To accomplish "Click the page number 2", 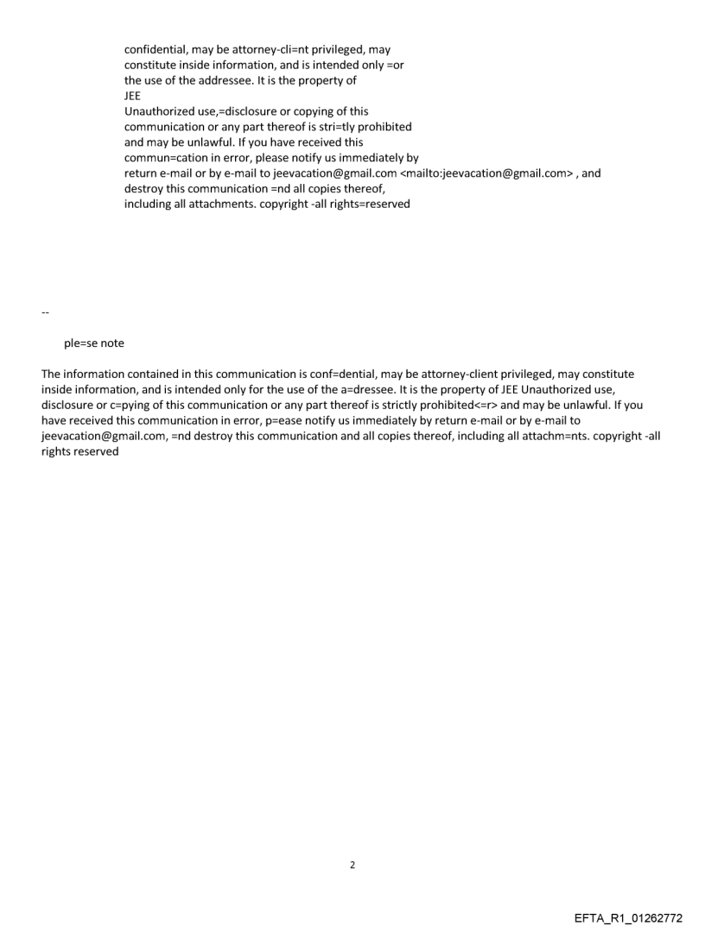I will click(x=352, y=866).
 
